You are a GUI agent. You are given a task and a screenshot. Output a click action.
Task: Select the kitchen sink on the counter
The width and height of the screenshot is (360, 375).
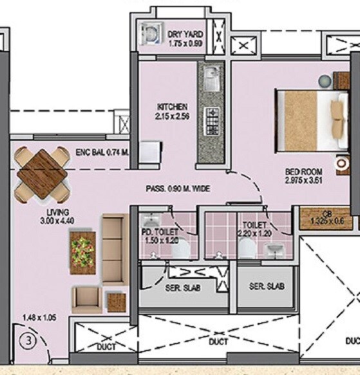click(211, 80)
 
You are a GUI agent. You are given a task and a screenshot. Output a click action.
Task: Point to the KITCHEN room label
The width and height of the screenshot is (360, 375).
click(172, 107)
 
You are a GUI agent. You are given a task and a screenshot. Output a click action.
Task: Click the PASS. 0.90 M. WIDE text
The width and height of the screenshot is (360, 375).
click(177, 189)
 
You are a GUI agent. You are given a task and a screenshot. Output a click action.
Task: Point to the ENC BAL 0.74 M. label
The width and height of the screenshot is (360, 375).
click(101, 152)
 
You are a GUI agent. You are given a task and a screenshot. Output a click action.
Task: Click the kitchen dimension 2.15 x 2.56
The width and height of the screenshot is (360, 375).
click(172, 116)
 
